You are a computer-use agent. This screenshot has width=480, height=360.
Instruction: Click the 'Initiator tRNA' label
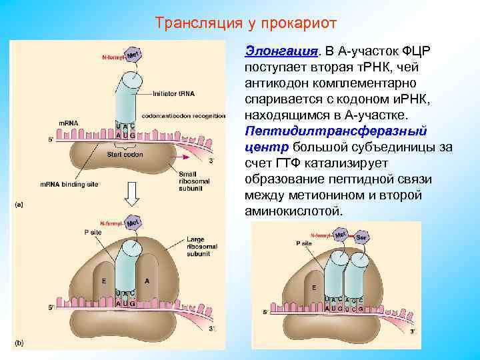[174, 93]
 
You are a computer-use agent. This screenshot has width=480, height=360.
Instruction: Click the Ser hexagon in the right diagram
[361, 237]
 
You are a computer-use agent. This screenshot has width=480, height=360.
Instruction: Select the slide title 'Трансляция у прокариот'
[246, 23]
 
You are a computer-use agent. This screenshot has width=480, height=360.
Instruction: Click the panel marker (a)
[19, 205]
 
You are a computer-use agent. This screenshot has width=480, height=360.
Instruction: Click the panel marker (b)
[19, 343]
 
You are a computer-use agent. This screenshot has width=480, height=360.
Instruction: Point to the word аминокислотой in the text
[293, 211]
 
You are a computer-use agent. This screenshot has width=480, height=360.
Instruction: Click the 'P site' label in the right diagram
[303, 244]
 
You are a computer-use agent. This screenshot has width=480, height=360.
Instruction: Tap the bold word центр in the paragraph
[266, 147]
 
